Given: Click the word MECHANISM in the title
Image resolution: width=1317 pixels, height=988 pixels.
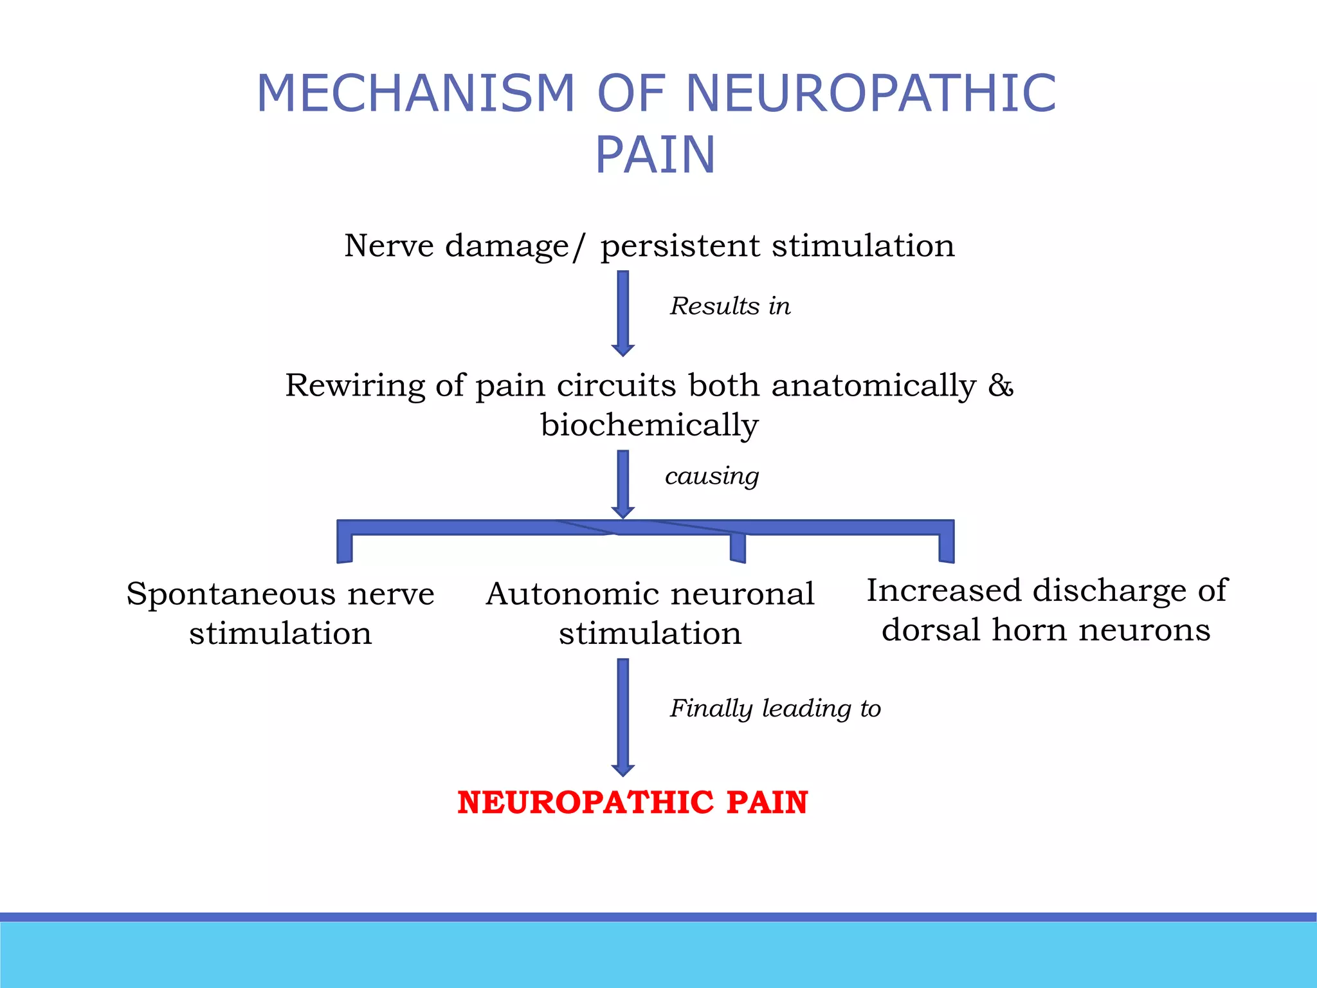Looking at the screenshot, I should click(415, 94).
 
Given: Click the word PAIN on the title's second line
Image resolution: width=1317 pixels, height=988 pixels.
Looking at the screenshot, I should click(655, 155).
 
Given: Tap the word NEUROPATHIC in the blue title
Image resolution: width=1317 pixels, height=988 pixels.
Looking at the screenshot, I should click(871, 94).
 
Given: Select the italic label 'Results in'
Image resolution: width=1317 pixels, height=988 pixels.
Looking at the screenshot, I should click(730, 306).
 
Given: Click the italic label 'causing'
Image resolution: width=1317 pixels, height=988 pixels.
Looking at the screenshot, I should click(712, 476).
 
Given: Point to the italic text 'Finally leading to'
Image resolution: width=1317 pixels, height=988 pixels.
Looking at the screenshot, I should click(775, 708).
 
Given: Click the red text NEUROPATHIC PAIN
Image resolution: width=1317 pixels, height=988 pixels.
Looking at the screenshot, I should click(632, 802).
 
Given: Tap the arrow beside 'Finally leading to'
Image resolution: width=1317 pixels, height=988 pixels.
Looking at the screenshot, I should click(622, 717).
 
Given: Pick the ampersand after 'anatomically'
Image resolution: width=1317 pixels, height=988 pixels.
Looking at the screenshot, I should click(1001, 385).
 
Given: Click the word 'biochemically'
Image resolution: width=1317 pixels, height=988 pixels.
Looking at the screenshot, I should click(649, 425).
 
